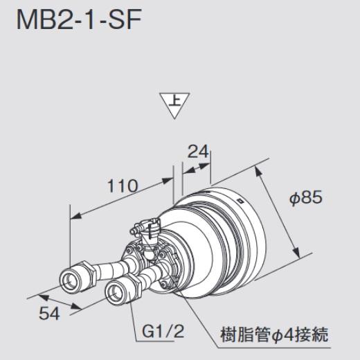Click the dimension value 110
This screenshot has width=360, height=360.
pos(123,186)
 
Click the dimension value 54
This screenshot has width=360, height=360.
pos(48,313)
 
